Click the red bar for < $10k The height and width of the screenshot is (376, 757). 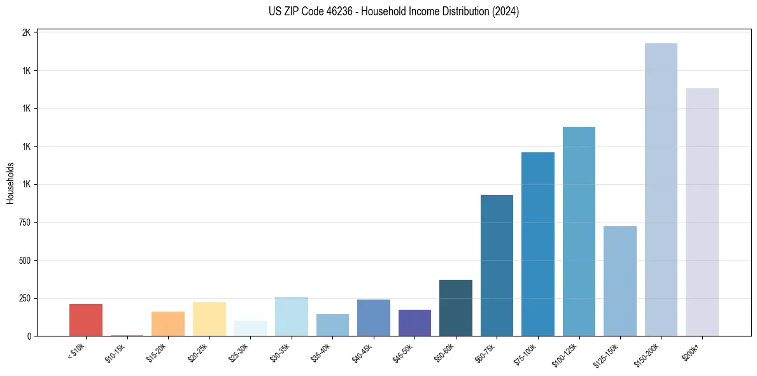(x=86, y=320)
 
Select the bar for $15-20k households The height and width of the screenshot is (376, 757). (x=168, y=324)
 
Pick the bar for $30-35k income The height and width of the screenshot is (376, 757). (x=292, y=316)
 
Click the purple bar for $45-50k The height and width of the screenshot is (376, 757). (x=414, y=322)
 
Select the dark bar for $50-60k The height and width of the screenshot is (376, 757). (x=456, y=308)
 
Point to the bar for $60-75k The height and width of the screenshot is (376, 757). (x=497, y=265)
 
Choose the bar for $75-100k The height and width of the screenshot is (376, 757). (x=538, y=244)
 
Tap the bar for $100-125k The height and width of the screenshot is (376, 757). (x=579, y=231)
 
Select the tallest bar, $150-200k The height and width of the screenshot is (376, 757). (x=661, y=189)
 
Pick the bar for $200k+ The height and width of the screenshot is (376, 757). (x=702, y=212)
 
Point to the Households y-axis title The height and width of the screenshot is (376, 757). (x=10, y=184)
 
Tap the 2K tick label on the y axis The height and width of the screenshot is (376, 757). (x=27, y=33)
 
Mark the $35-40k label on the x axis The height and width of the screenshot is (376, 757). (x=323, y=352)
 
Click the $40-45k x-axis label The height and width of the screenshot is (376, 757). (x=364, y=352)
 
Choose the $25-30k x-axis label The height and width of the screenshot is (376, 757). (x=241, y=352)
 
